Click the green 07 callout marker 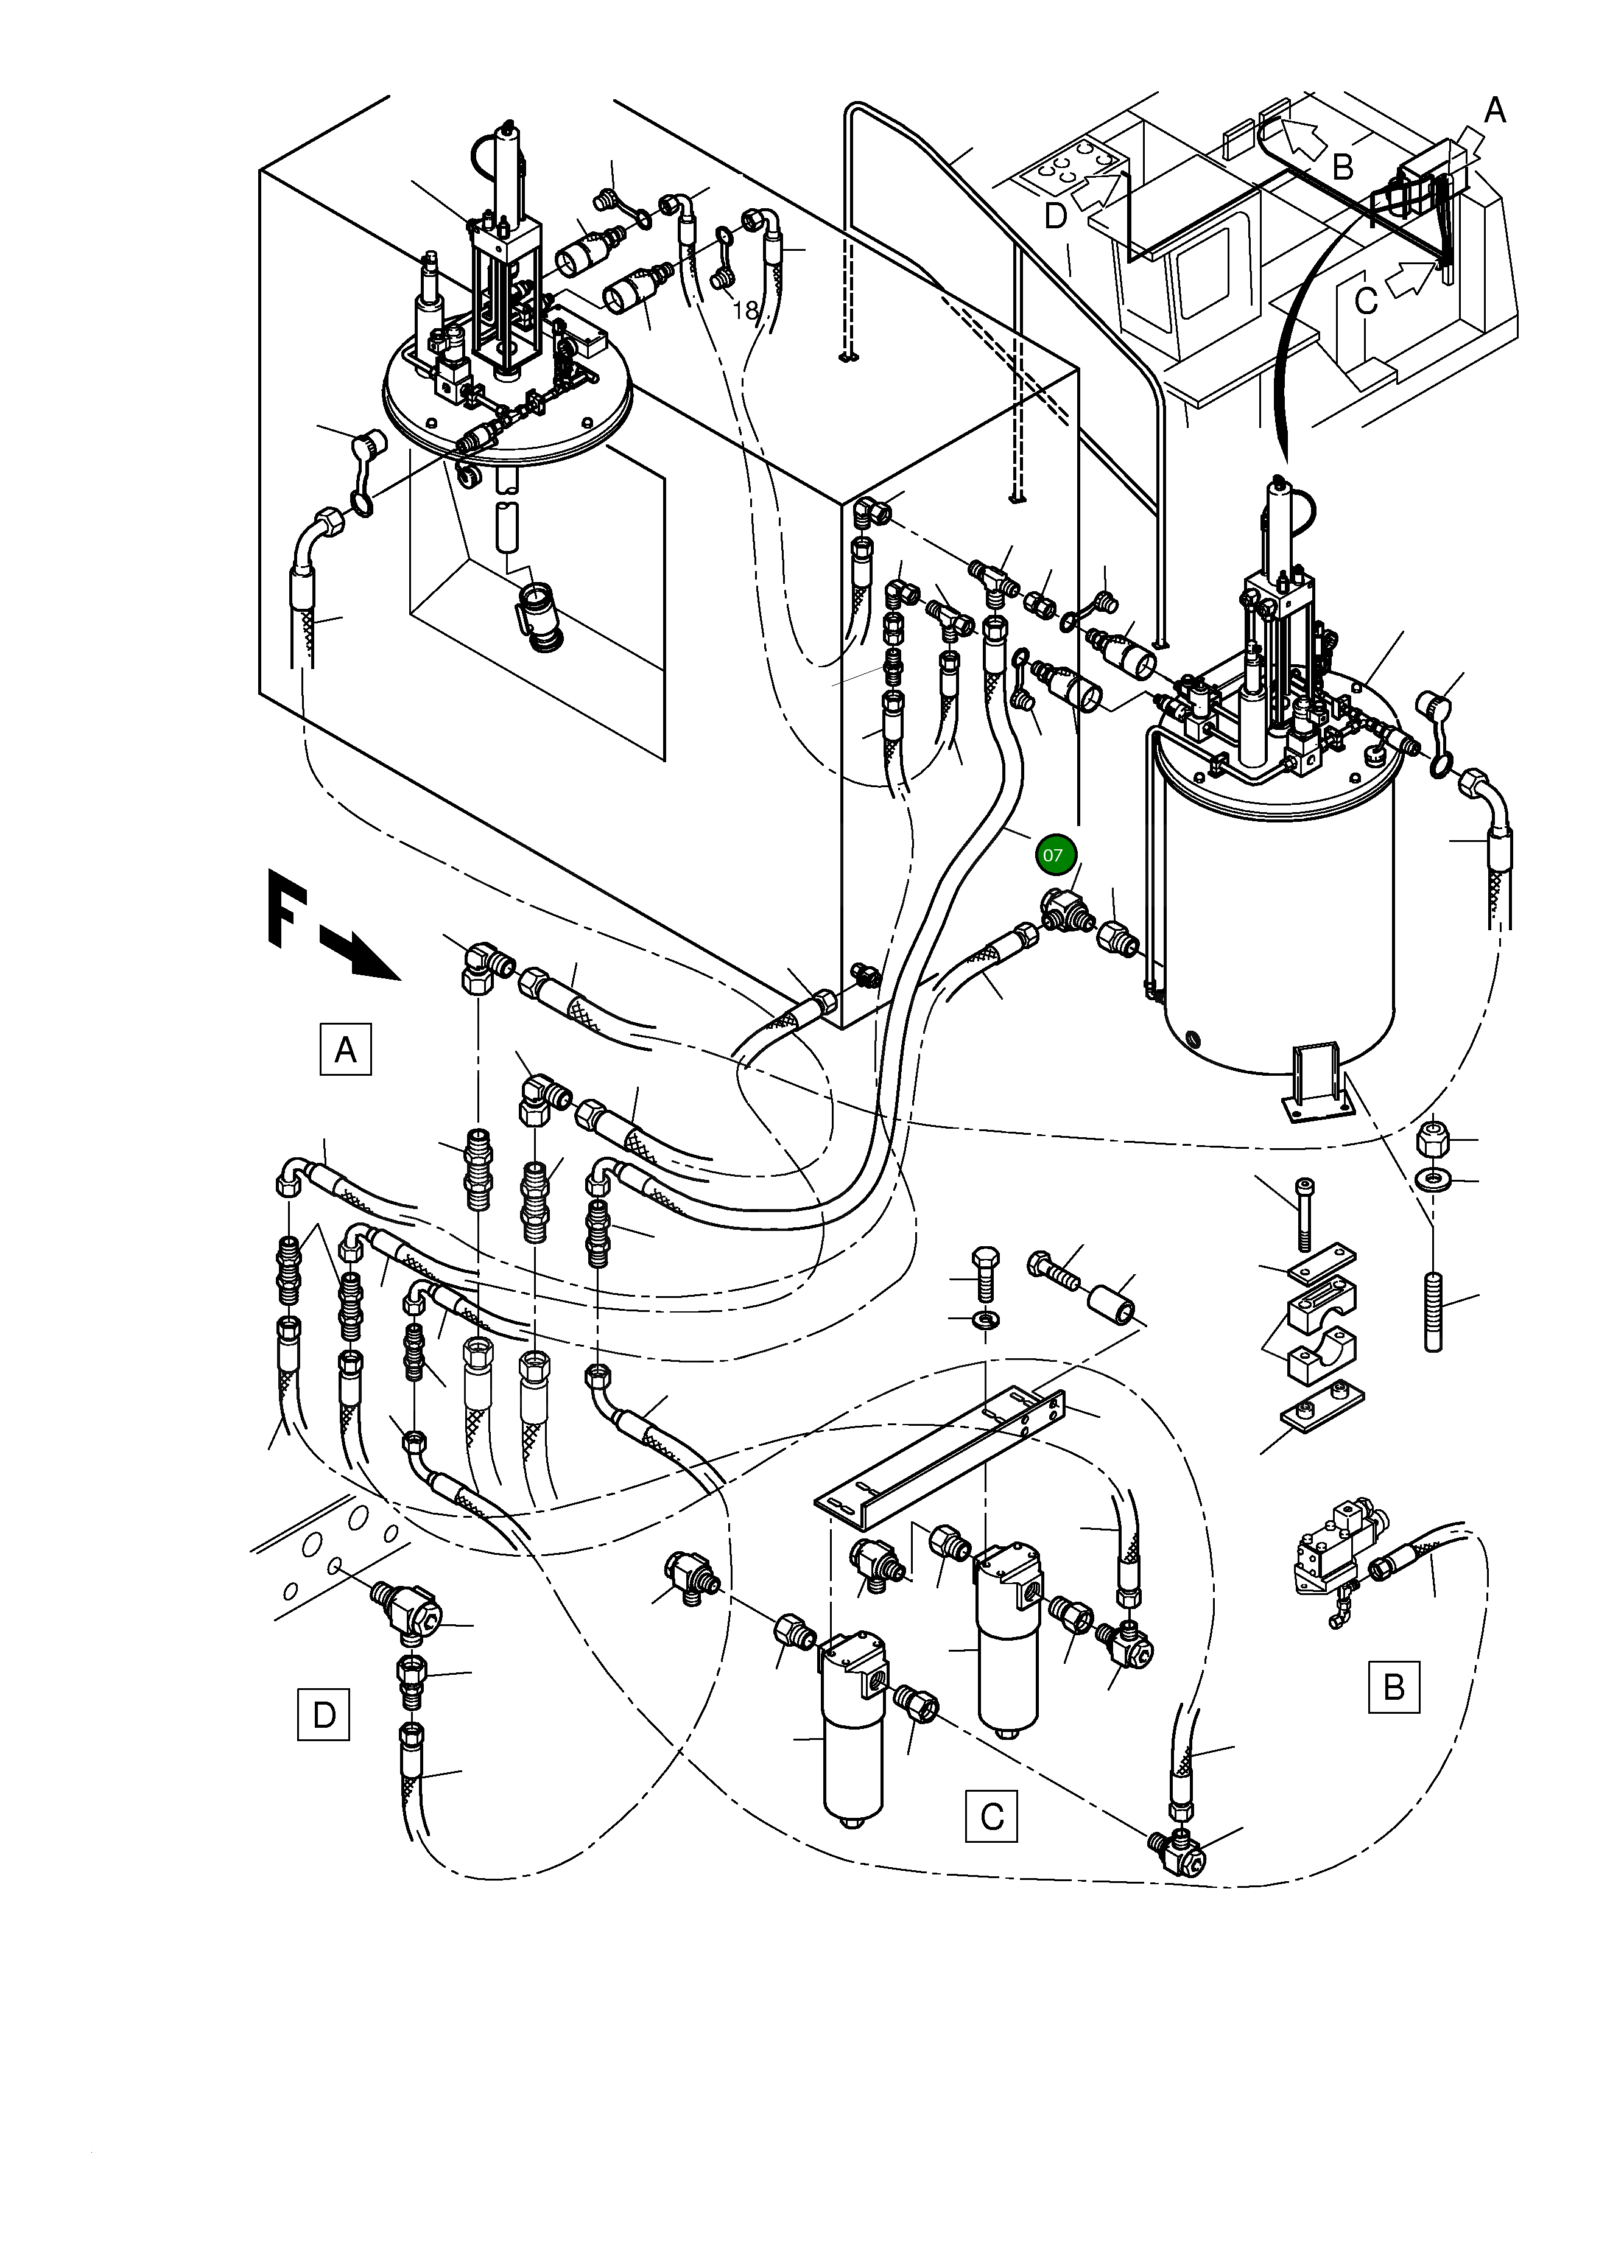click(x=1055, y=855)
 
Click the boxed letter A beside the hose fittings click(x=345, y=1049)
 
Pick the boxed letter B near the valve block click(x=1393, y=1686)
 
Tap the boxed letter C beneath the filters click(x=991, y=1815)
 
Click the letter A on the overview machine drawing click(x=1494, y=111)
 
